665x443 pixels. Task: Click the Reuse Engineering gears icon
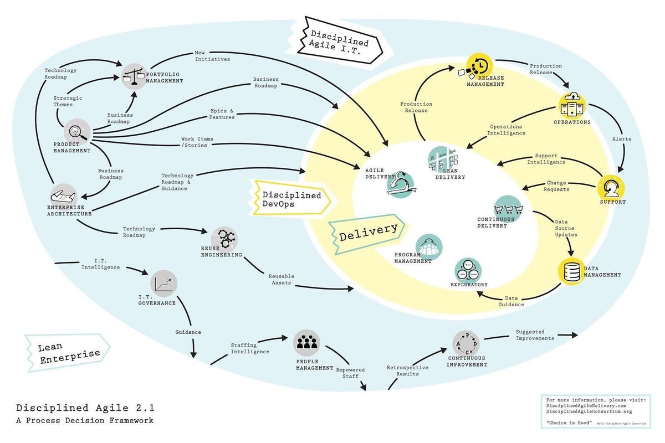click(224, 239)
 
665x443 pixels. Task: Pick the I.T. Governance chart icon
click(163, 284)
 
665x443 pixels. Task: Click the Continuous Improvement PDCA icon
click(466, 344)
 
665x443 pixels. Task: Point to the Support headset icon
click(611, 187)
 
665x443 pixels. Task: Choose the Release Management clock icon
click(478, 65)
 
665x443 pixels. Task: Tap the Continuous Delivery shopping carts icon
click(508, 208)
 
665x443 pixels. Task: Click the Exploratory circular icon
click(468, 270)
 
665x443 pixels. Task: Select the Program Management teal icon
click(429, 246)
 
